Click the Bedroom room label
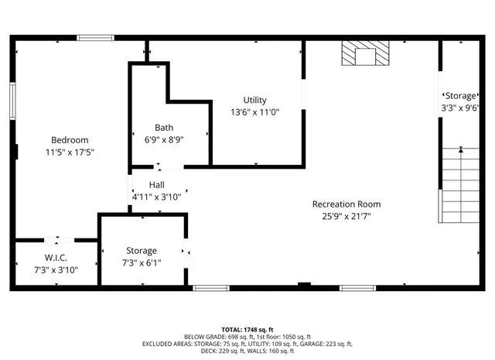click(x=70, y=140)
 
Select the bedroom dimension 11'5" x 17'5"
click(x=70, y=153)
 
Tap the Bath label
click(x=164, y=128)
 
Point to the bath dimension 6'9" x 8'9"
click(x=164, y=140)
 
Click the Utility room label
click(x=254, y=100)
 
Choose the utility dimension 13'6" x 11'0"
click(x=254, y=112)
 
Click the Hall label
click(x=156, y=184)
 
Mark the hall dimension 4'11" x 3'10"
click(x=156, y=197)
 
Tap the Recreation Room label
click(x=346, y=204)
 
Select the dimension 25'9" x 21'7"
click(x=346, y=217)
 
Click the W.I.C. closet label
click(x=56, y=257)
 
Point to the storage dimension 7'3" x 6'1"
click(x=142, y=263)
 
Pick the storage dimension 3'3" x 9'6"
click(x=462, y=108)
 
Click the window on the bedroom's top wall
click(x=95, y=37)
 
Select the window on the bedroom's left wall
click(x=12, y=100)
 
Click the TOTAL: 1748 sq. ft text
click(x=247, y=329)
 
